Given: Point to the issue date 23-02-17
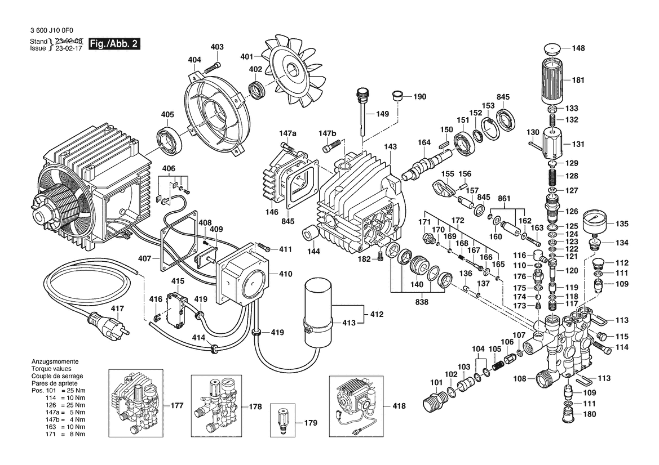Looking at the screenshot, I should (68, 48).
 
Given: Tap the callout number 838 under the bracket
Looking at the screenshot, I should (421, 302).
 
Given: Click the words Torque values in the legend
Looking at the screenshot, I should (52, 369).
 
